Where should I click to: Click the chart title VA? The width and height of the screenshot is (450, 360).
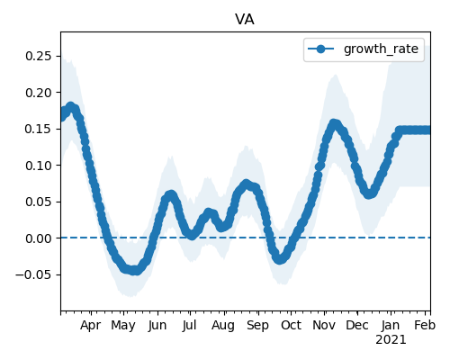[245, 20]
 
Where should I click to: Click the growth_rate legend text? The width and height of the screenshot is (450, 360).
[381, 49]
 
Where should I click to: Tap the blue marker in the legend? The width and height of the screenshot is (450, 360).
[320, 49]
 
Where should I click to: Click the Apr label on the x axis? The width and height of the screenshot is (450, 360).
[91, 326]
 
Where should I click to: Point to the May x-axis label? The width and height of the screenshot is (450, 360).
[123, 326]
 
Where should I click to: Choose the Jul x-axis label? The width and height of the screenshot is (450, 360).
[190, 326]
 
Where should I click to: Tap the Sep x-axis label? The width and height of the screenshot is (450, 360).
[258, 326]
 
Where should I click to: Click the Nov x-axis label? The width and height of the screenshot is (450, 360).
[324, 326]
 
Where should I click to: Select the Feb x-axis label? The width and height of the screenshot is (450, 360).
[425, 326]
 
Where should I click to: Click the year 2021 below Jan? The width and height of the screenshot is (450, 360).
[391, 340]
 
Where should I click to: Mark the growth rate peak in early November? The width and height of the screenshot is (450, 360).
[334, 123]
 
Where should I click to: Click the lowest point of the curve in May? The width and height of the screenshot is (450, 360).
[134, 270]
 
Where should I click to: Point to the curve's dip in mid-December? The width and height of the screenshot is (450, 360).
[369, 193]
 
